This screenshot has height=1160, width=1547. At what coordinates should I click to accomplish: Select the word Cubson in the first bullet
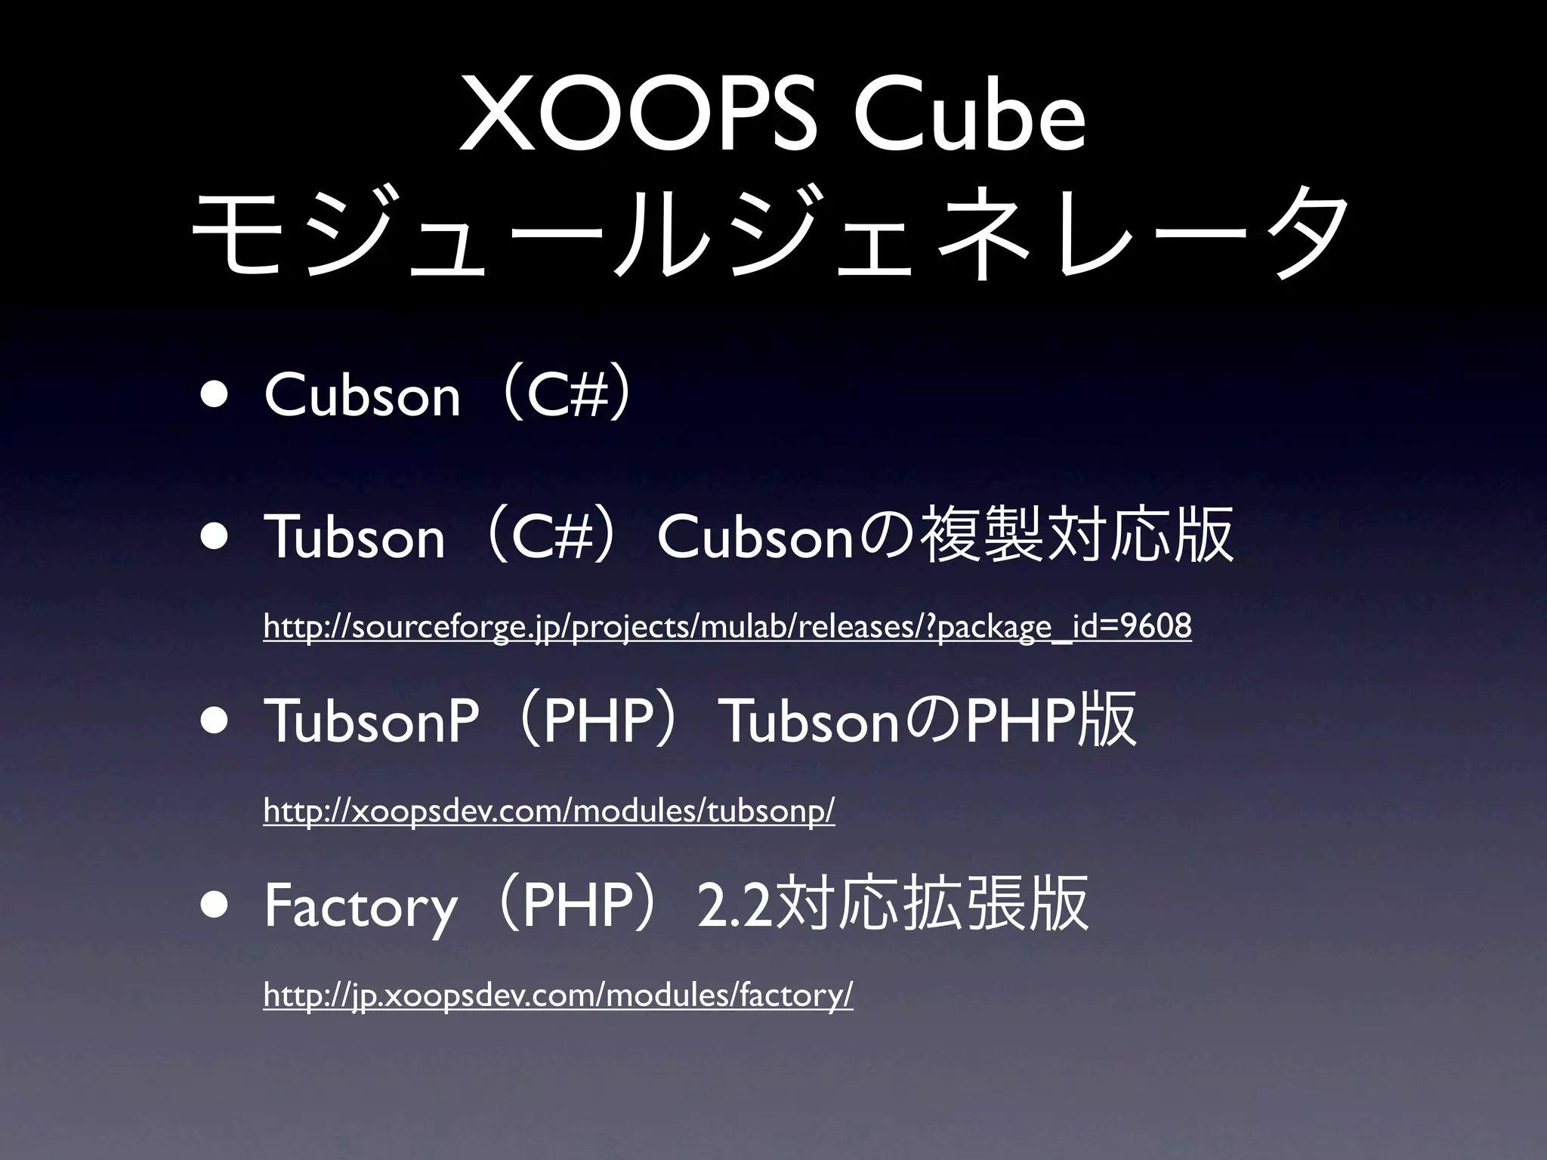(362, 395)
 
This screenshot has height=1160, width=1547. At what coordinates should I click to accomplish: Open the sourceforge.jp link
(727, 627)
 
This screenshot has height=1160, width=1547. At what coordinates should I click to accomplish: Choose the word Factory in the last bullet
(360, 907)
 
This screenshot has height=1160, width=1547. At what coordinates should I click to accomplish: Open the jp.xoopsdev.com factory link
(557, 995)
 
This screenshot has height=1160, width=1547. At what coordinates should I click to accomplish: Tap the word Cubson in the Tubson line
(755, 537)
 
